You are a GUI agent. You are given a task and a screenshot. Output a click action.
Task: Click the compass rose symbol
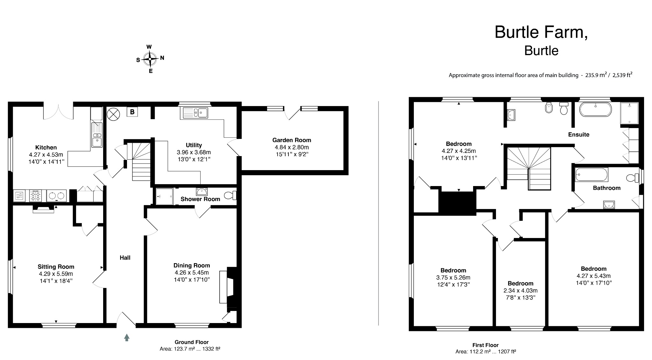[150, 59]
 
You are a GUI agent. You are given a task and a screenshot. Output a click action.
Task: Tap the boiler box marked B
[132, 112]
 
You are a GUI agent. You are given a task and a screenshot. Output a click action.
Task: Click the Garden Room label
[291, 140]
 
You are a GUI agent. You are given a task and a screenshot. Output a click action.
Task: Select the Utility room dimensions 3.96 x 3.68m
[194, 152]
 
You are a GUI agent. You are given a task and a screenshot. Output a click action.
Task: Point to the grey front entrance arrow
[127, 337]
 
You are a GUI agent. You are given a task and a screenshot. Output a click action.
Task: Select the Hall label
[125, 257]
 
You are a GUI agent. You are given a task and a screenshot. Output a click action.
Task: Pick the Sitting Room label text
[56, 267]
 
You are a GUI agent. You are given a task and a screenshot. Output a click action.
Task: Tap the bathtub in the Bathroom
[592, 175]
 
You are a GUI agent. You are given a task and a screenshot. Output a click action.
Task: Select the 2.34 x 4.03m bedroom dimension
[520, 291]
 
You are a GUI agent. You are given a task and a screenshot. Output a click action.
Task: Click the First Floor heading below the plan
[485, 345]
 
